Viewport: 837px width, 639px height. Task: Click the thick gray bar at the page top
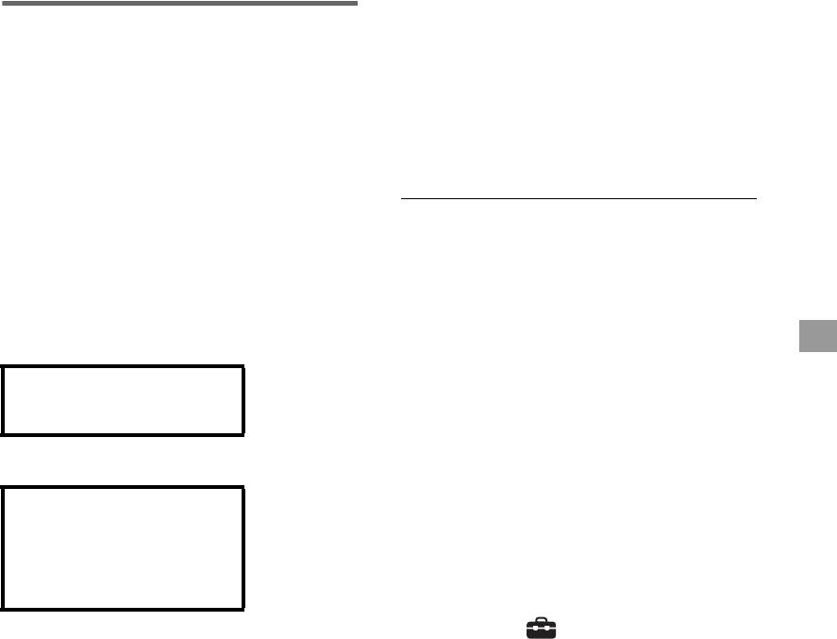[179, 3]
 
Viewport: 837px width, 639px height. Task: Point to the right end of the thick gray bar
[357, 3]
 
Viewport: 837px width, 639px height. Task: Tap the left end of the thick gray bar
[2, 3]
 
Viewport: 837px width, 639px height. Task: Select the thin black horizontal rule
[578, 199]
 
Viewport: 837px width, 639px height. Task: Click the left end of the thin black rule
[401, 199]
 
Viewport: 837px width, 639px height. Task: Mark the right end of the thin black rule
[756, 199]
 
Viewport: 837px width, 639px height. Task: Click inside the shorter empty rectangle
[123, 400]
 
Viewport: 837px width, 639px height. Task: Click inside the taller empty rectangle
[123, 547]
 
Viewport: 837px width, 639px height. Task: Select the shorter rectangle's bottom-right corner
[243, 434]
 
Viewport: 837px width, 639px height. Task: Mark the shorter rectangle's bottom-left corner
[2, 434]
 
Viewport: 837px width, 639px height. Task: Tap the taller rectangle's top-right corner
[243, 487]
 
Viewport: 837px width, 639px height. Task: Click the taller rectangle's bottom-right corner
[243, 608]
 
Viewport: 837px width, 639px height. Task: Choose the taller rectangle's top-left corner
[2, 487]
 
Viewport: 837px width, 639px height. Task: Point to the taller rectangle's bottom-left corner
[2, 608]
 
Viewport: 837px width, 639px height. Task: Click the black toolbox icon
[542, 628]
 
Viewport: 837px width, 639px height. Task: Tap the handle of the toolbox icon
[542, 620]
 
